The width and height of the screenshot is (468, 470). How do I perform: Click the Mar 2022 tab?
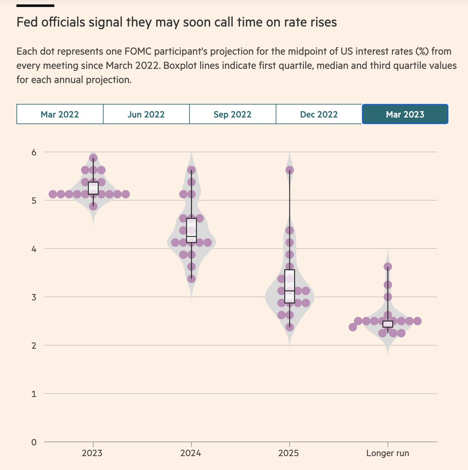pyautogui.click(x=60, y=114)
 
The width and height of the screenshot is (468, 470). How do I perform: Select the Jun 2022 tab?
pyautogui.click(x=146, y=114)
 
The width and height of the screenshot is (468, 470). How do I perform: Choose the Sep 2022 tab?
pyautogui.click(x=232, y=114)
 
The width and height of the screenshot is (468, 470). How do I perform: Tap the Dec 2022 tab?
pyautogui.click(x=319, y=114)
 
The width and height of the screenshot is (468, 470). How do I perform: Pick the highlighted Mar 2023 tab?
pyautogui.click(x=405, y=114)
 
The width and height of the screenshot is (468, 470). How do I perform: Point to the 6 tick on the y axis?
pyautogui.click(x=34, y=152)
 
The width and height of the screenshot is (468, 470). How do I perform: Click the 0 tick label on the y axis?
pyautogui.click(x=34, y=442)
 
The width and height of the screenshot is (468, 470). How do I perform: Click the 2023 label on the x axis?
pyautogui.click(x=92, y=454)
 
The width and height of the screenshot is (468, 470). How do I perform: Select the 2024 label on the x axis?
pyautogui.click(x=191, y=454)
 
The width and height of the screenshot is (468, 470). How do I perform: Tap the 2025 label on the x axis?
pyautogui.click(x=289, y=454)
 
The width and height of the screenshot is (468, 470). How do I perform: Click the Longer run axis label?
pyautogui.click(x=387, y=454)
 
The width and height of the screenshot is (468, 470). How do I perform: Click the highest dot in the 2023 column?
pyautogui.click(x=93, y=158)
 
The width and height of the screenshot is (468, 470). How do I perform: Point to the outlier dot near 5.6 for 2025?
pyautogui.click(x=289, y=170)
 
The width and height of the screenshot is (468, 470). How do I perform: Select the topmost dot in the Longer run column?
pyautogui.click(x=388, y=267)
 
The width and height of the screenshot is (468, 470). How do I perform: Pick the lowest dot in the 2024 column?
pyautogui.click(x=192, y=279)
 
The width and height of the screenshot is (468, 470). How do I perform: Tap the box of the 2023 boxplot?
pyautogui.click(x=93, y=188)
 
